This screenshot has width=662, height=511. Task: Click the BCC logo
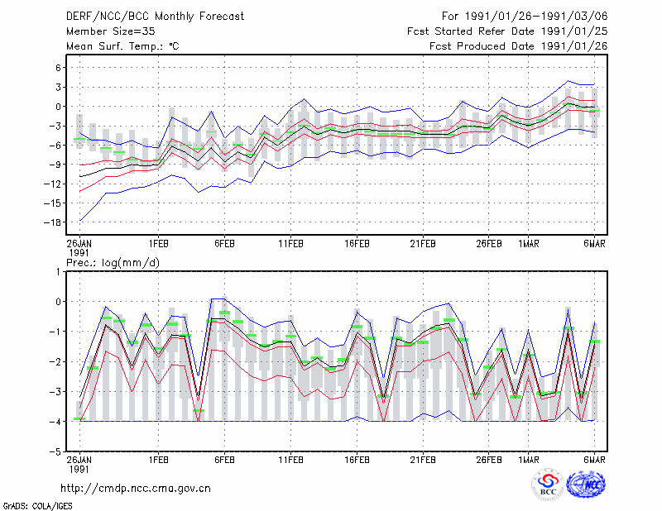coord(548,485)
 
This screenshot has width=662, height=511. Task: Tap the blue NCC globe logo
coord(586,485)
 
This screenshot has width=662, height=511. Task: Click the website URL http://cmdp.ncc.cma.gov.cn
coord(136,489)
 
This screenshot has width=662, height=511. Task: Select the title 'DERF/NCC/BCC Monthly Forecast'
coord(155,17)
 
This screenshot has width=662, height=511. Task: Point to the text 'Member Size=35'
coord(111,31)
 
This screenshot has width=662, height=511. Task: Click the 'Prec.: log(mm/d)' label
coord(113,263)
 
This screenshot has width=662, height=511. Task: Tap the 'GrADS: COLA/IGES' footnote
coord(37,506)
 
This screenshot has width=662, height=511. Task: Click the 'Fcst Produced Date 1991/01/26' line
coord(519,46)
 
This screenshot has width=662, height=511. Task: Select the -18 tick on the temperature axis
coord(52,222)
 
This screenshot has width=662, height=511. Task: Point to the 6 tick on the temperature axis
coord(58,68)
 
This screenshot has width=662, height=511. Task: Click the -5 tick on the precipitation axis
coord(55,451)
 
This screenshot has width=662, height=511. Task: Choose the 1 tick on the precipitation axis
coord(58,272)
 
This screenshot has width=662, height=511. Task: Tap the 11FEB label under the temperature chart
coord(290,244)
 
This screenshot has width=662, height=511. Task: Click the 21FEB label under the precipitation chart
coord(423,460)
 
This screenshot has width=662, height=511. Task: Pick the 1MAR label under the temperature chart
coord(528,244)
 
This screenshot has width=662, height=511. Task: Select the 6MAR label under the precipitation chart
coord(594,460)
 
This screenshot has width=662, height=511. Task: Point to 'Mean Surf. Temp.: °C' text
coord(122,46)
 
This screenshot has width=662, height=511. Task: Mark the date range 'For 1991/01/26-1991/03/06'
coord(525,17)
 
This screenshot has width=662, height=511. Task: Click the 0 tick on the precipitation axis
coord(58,302)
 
